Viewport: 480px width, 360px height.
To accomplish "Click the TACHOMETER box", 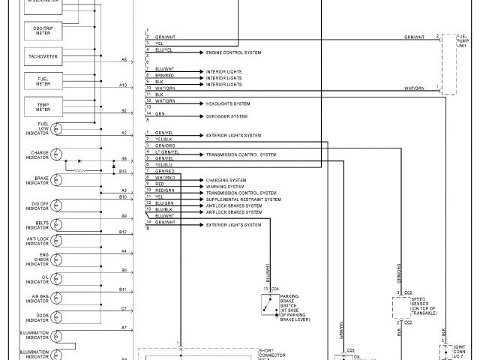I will [x=43, y=56].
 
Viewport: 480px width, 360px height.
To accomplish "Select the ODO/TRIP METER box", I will [x=43, y=30].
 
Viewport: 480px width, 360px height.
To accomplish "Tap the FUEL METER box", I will [x=43, y=82].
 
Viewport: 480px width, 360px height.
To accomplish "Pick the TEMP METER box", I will [x=43, y=107].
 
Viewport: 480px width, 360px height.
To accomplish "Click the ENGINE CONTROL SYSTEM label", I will [x=233, y=53].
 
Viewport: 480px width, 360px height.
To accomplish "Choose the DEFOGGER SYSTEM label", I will [x=226, y=116].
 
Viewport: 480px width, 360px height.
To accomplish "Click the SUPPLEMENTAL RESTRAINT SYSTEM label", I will [x=243, y=199].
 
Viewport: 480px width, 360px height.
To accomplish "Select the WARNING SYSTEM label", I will [x=223, y=186].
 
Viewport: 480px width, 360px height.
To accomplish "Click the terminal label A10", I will [x=123, y=85].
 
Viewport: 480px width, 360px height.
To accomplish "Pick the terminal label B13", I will [x=123, y=172].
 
